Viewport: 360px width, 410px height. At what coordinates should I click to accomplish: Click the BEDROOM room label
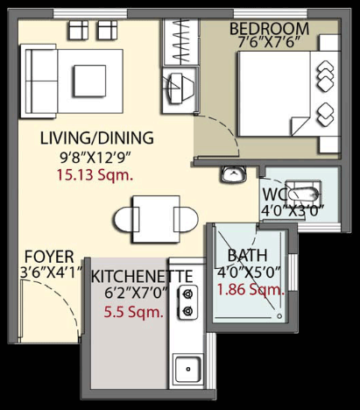coord(269,28)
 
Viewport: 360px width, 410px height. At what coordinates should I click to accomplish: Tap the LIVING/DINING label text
coord(96,138)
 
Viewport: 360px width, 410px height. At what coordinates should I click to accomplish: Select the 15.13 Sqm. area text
coord(95,175)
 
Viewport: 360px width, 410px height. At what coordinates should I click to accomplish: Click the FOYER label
coord(49,257)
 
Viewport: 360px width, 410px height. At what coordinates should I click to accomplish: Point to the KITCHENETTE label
coord(142,276)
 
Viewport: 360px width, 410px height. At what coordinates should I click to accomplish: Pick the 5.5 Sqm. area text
coord(133,312)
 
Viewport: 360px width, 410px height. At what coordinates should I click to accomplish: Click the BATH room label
coord(247,255)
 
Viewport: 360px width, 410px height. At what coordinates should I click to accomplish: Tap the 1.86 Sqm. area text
coord(251,290)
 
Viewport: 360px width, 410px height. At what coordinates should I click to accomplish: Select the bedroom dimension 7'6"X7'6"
coord(269,43)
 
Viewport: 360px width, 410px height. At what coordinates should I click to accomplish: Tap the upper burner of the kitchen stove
coord(187,294)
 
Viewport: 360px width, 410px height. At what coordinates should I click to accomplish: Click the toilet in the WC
coord(304,192)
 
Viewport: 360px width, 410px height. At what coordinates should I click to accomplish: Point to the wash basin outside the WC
coord(234,174)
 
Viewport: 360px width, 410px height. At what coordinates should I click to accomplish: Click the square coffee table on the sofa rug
coord(89,81)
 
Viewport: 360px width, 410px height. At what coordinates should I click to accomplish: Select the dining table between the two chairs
coord(156,219)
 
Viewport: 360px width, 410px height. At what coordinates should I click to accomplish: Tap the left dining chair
coord(126,220)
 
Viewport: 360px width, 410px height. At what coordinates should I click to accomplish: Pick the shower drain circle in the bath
coord(279,316)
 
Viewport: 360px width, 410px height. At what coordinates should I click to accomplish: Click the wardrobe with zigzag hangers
coord(181,42)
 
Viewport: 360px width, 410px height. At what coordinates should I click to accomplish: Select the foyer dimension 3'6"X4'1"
coord(51,272)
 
